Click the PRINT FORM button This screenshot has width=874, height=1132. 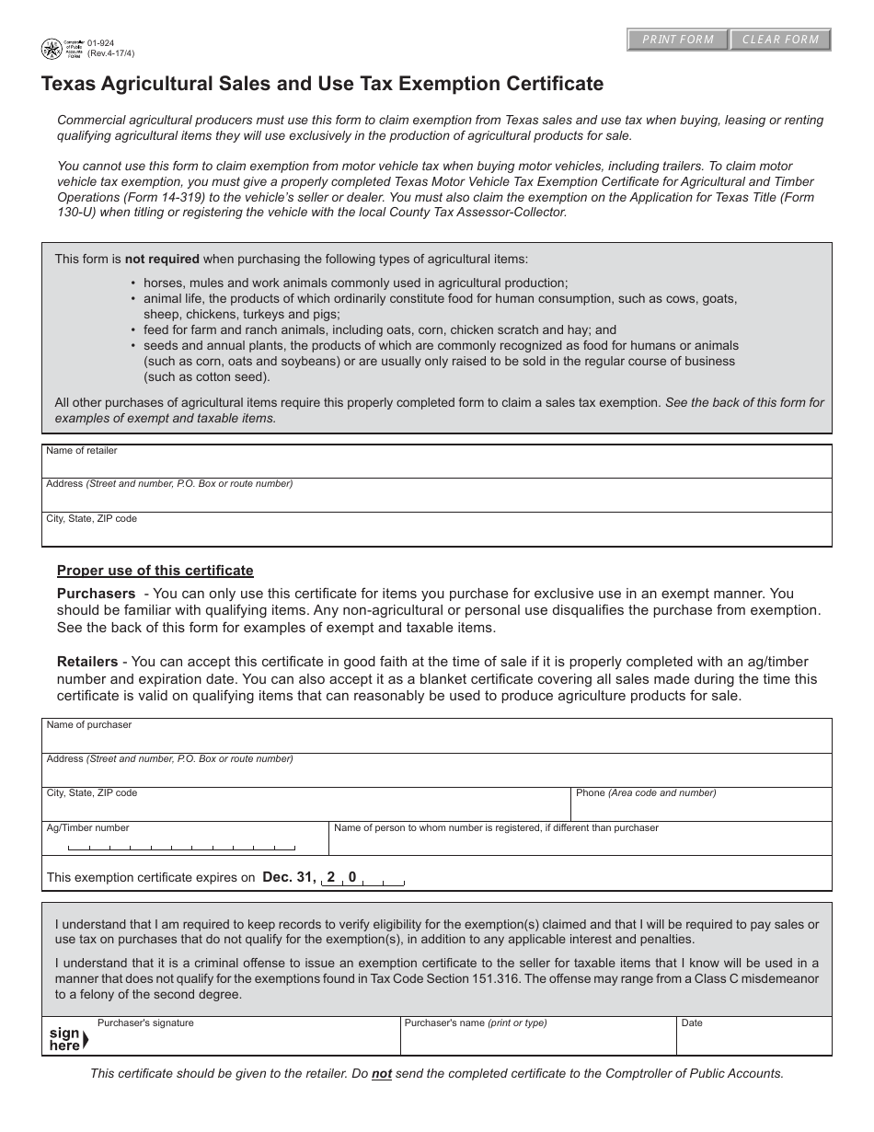(678, 40)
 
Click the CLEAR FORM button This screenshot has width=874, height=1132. (780, 40)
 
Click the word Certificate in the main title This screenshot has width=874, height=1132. (551, 85)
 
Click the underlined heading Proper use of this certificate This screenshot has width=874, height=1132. (155, 571)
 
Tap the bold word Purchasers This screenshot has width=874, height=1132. (96, 594)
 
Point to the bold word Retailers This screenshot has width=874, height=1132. (87, 662)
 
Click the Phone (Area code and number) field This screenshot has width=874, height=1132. (701, 809)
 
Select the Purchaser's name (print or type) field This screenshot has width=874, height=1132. (538, 1041)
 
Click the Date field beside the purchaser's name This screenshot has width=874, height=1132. (754, 1041)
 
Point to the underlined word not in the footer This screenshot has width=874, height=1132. (381, 1073)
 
